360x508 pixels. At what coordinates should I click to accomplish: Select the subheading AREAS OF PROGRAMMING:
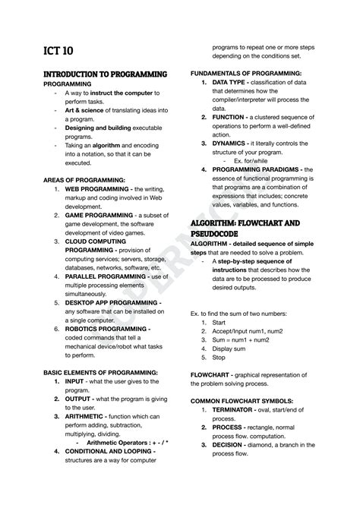[84, 180]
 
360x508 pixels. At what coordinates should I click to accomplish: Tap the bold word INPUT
[77, 381]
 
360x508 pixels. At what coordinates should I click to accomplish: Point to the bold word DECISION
[235, 445]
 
